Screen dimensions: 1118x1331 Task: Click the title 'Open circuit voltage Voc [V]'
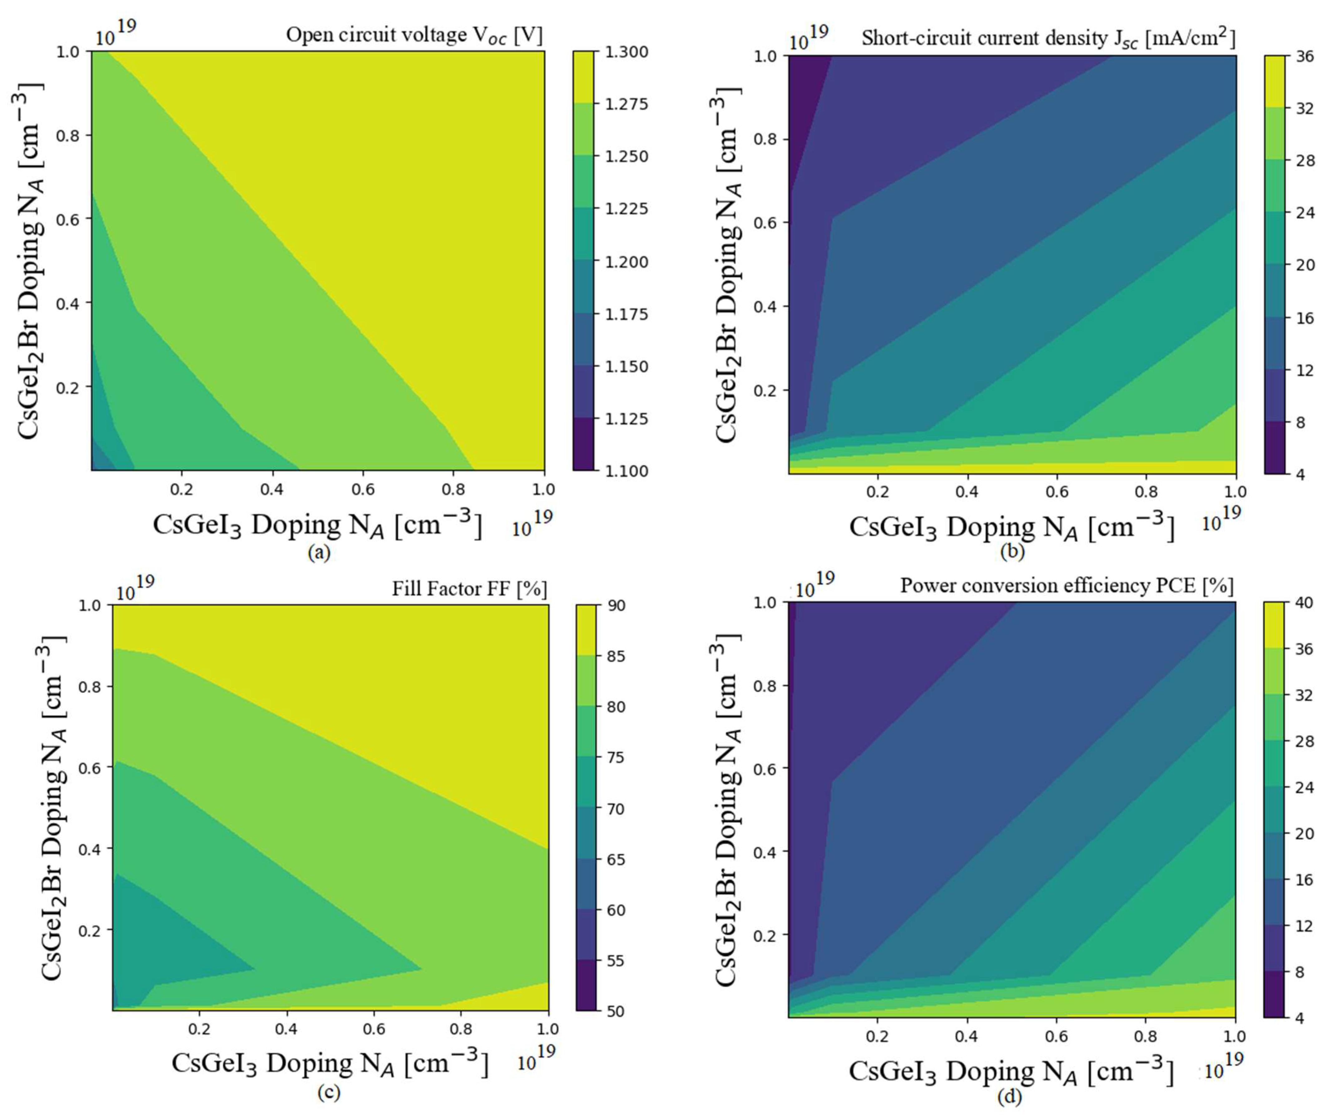click(414, 35)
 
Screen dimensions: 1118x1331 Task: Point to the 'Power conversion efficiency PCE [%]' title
click(1067, 585)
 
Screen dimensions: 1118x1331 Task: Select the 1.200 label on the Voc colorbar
click(627, 261)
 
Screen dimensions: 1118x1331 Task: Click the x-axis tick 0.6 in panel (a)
click(363, 489)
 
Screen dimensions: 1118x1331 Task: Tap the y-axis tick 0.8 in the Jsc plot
click(765, 139)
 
